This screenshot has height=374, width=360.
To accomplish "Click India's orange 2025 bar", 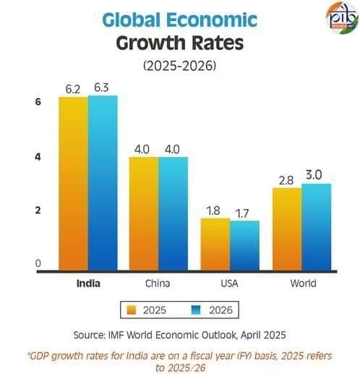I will coord(73,184).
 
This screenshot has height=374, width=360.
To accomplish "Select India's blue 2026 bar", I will coord(103,184).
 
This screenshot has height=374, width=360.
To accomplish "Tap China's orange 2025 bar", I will coord(144,214).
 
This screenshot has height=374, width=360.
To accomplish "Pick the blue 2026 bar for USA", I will coord(244,246).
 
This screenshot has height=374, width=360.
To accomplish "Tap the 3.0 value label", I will coord(316,175).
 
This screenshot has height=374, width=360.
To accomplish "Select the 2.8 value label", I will coord(286,179).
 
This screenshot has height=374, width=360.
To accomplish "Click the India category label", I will coord(88,284).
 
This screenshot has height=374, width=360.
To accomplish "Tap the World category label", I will coord(301,284).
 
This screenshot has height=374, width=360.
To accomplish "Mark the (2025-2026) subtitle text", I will coord(180,65).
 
